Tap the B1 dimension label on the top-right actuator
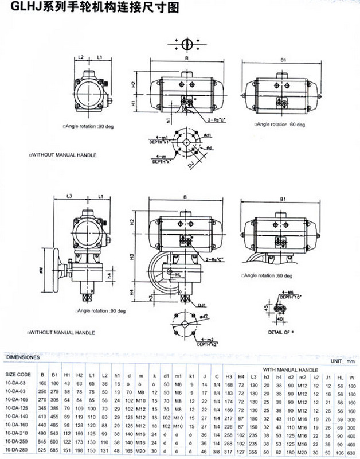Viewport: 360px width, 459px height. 283,59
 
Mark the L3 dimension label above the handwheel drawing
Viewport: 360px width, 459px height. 69,197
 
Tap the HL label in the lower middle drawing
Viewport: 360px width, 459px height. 178,275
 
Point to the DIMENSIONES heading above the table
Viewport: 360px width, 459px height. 23,357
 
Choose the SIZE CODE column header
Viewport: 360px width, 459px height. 18,374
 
